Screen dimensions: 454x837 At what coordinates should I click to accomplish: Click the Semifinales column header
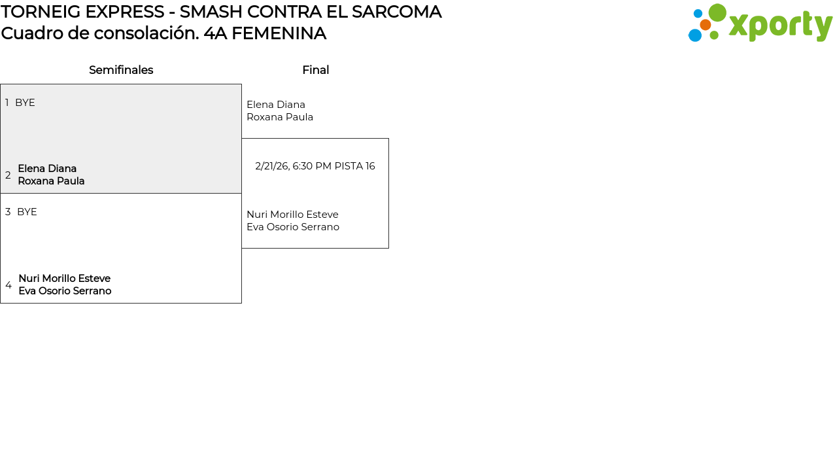click(x=121, y=70)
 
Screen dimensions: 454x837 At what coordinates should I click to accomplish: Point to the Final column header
click(x=315, y=70)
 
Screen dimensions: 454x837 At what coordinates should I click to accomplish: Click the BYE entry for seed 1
click(x=25, y=103)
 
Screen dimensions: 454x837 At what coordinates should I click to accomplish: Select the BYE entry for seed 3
click(x=27, y=212)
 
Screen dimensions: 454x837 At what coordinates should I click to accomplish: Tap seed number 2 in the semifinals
click(x=8, y=175)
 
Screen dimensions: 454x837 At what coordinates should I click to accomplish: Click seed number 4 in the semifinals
click(x=9, y=285)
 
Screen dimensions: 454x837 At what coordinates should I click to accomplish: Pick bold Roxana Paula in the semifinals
click(x=51, y=181)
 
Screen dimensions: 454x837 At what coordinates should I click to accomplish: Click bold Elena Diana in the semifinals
click(x=47, y=169)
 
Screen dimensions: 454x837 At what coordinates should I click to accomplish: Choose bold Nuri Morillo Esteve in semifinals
click(x=64, y=279)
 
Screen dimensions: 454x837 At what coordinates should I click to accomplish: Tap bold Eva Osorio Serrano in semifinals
click(x=65, y=291)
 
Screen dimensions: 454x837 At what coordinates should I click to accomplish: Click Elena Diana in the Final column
click(x=276, y=105)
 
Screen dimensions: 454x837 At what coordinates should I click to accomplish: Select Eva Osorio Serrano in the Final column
click(x=293, y=227)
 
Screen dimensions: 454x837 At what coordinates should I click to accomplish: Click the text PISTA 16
click(x=354, y=166)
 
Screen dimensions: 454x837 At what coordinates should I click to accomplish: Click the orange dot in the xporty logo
click(x=705, y=25)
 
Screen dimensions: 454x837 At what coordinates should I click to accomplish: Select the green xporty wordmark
click(x=780, y=26)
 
